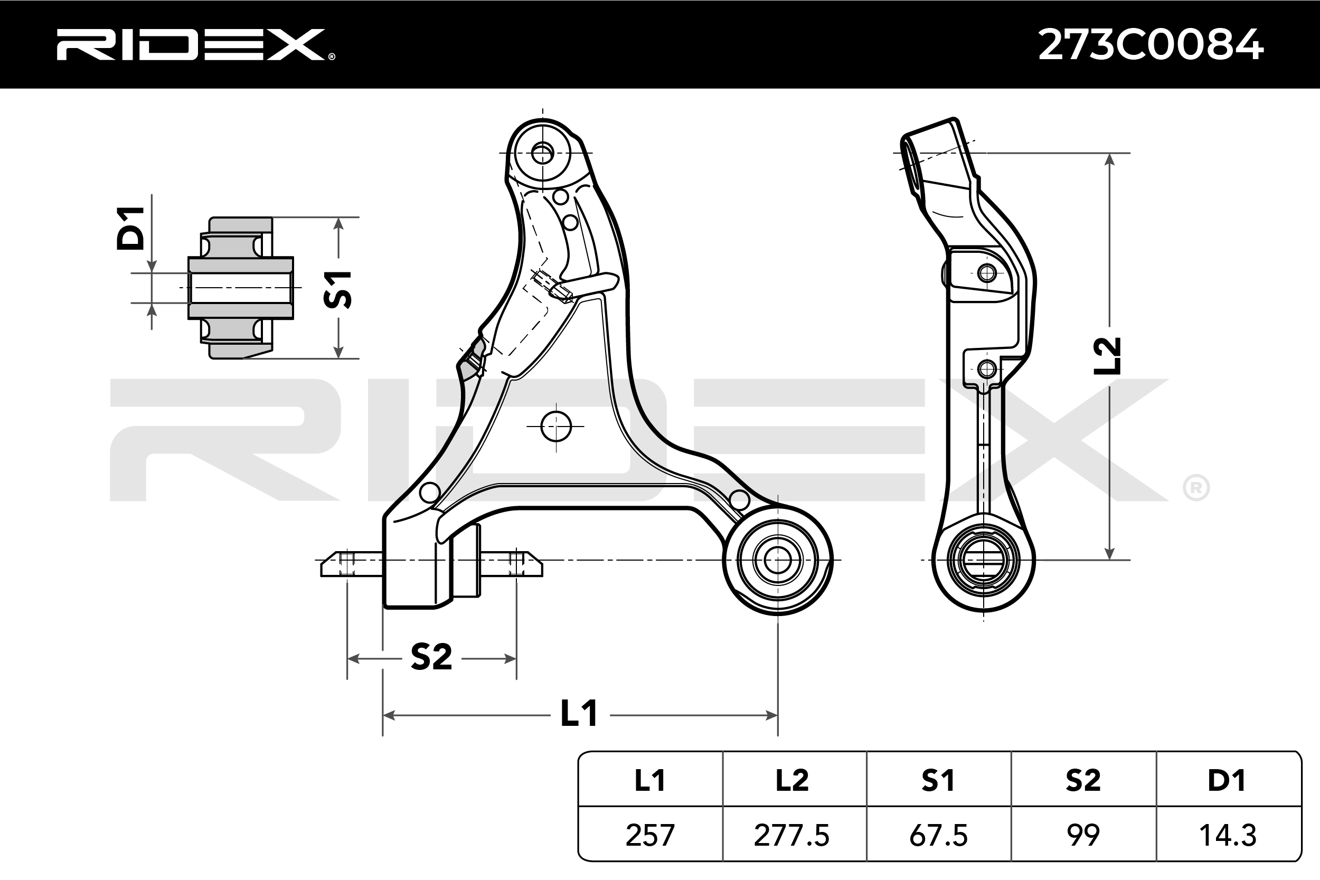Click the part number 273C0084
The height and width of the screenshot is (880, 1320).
[x=1151, y=45]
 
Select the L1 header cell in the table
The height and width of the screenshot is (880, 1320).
[x=650, y=780]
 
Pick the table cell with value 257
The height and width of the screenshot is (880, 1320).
[x=650, y=835]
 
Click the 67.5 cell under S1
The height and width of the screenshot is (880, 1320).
[x=938, y=835]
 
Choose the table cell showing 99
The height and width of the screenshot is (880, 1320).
[x=1083, y=835]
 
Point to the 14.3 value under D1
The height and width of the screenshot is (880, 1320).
[x=1228, y=835]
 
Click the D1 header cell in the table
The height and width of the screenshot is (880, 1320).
[x=1228, y=780]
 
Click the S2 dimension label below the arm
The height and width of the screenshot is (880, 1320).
[x=431, y=657]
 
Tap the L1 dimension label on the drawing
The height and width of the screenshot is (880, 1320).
[x=579, y=714]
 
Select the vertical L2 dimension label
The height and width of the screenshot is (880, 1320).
[x=1107, y=356]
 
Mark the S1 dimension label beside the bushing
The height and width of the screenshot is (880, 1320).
[x=338, y=290]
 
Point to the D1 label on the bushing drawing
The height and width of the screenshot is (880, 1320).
[x=130, y=228]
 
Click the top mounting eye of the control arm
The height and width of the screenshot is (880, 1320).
[x=542, y=153]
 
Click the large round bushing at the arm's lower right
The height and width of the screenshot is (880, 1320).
[x=778, y=560]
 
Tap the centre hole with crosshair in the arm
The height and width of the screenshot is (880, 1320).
[x=555, y=427]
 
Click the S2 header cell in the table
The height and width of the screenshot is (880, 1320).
[x=1083, y=780]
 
